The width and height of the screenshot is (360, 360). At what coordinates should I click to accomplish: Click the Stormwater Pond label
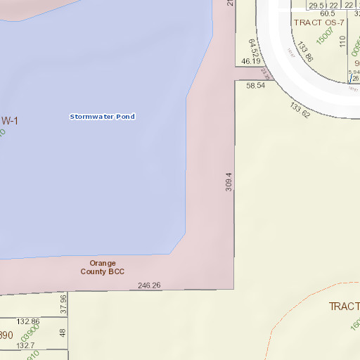[x=102, y=116]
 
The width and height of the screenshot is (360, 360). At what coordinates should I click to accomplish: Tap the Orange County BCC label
[x=102, y=267]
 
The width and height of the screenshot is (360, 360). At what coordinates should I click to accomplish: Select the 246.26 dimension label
[x=150, y=285]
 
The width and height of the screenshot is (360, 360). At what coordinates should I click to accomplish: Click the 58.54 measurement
[x=255, y=86]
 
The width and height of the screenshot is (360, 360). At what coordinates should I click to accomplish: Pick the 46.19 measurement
[x=250, y=61]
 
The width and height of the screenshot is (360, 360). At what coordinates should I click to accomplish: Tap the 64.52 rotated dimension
[x=254, y=49]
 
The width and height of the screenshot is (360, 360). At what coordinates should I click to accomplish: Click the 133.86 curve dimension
[x=304, y=52]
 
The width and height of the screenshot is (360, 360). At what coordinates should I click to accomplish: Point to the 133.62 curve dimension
[x=300, y=110]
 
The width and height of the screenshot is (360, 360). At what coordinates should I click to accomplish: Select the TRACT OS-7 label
[x=319, y=22]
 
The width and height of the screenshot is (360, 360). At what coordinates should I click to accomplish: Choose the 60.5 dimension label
[x=328, y=13]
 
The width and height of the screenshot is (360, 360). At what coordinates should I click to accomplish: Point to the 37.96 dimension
[x=63, y=303]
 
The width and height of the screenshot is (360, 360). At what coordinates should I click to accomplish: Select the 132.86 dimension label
[x=28, y=321]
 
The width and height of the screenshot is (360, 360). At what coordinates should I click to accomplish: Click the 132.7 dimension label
[x=26, y=345]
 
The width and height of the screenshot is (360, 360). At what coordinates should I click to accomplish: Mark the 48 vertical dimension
[x=63, y=333]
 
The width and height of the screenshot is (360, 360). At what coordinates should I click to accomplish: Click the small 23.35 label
[x=264, y=72]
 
